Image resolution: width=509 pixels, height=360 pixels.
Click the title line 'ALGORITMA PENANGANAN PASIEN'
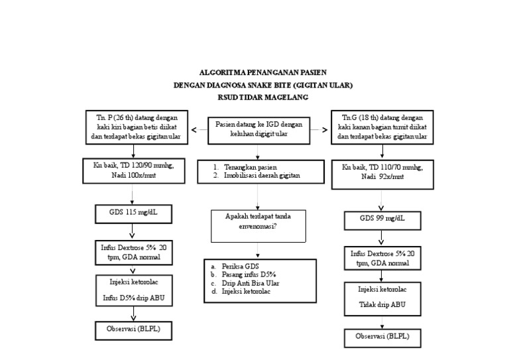tap(254, 72)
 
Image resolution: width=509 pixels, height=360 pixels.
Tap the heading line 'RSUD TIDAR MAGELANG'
tap(254, 97)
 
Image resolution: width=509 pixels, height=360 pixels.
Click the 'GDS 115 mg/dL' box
tap(133, 213)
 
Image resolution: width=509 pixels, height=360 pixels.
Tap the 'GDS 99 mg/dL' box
tap(382, 218)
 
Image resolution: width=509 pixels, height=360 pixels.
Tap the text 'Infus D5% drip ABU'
tap(133, 298)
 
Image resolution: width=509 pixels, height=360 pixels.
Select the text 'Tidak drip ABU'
tap(382, 306)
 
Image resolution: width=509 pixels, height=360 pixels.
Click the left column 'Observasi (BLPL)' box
tap(133, 329)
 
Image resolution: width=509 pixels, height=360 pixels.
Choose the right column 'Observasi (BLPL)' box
tap(382, 337)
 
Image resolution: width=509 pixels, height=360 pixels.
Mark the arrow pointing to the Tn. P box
tap(196, 129)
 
